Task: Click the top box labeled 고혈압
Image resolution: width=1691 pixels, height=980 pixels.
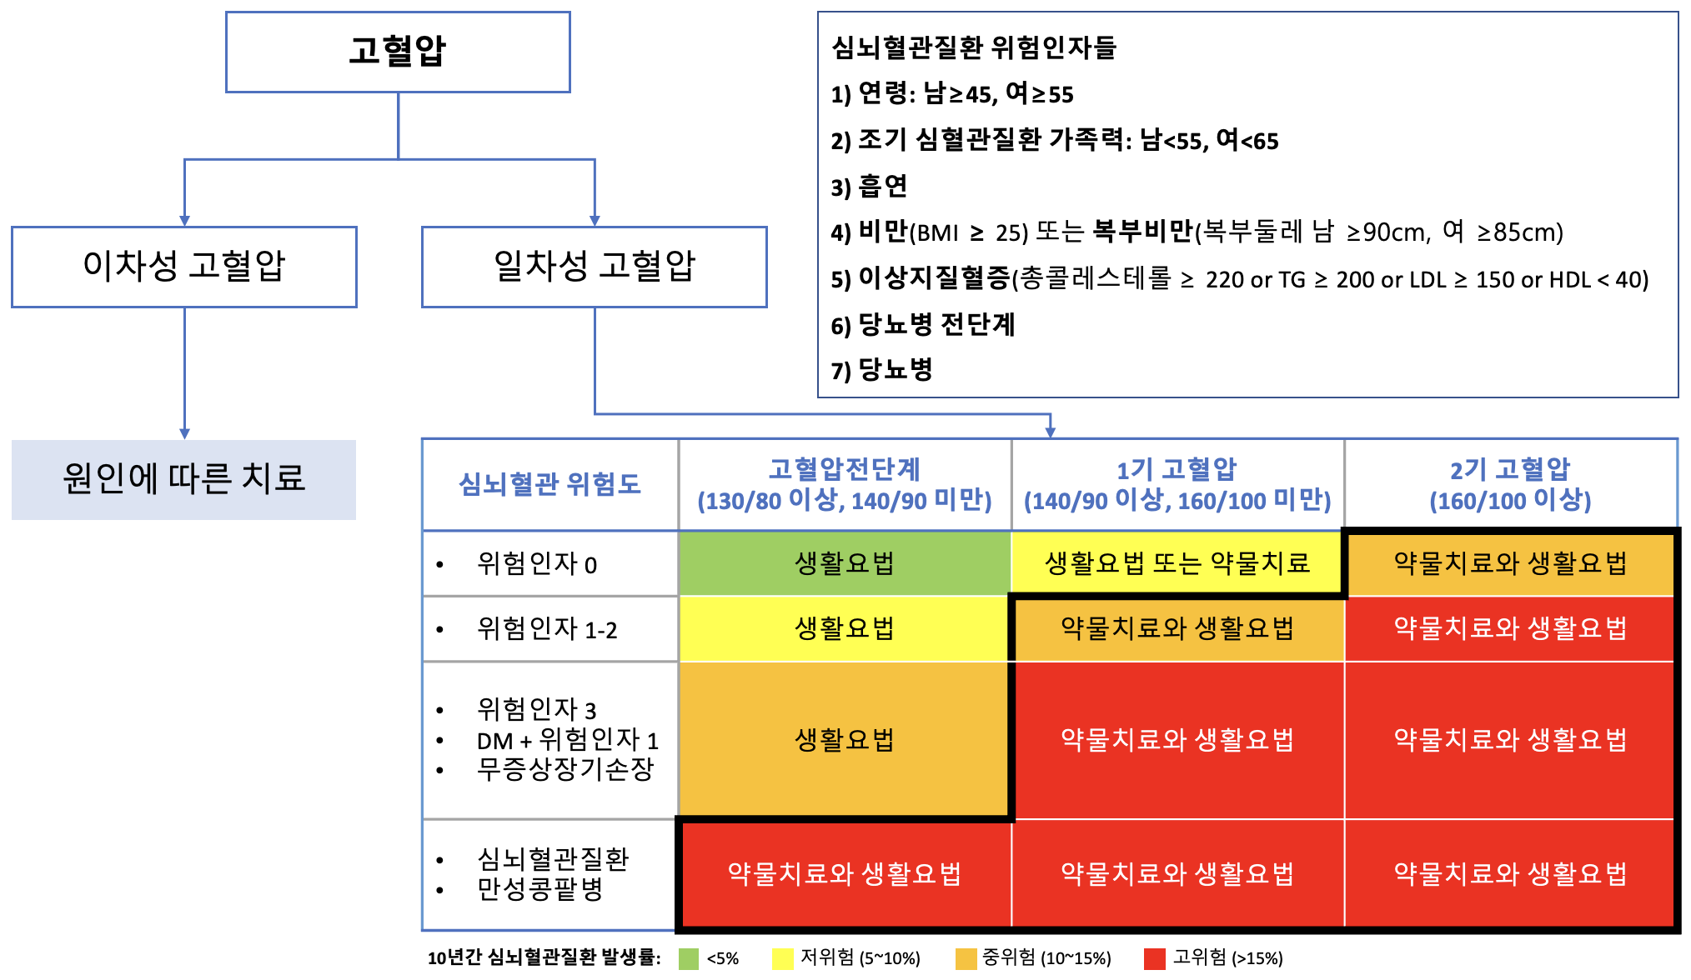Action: pyautogui.click(x=398, y=52)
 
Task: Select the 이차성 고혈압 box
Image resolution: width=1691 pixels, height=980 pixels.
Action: pyautogui.click(x=184, y=267)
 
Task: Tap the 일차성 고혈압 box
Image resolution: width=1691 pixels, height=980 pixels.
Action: pyautogui.click(x=595, y=267)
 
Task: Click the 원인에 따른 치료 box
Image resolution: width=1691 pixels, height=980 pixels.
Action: pyautogui.click(x=183, y=479)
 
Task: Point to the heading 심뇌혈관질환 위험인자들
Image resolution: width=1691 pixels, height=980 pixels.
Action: pyautogui.click(x=974, y=47)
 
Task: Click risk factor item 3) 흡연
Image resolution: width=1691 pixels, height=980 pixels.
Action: pyautogui.click(x=869, y=186)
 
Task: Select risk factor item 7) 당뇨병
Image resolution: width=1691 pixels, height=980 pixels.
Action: pyautogui.click(x=881, y=369)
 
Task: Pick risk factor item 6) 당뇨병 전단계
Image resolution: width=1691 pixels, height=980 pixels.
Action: pyautogui.click(x=922, y=324)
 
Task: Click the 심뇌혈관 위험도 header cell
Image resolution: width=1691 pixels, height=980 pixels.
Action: pyautogui.click(x=549, y=484)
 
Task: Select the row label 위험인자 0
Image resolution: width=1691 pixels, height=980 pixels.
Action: pyautogui.click(x=536, y=564)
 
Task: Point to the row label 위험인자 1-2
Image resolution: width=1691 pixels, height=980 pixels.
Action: pyautogui.click(x=547, y=629)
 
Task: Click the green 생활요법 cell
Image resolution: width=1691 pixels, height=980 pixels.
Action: pyautogui.click(x=844, y=563)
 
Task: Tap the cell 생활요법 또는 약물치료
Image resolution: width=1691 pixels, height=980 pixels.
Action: pyautogui.click(x=1177, y=563)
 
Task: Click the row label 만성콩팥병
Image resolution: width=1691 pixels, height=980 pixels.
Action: pyautogui.click(x=539, y=889)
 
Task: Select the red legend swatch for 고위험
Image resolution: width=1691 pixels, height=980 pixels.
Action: pyautogui.click(x=1155, y=959)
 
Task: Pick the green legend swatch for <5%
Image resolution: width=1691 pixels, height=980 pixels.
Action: pyautogui.click(x=689, y=959)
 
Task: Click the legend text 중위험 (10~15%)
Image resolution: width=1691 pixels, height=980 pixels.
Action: pyautogui.click(x=1046, y=958)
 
